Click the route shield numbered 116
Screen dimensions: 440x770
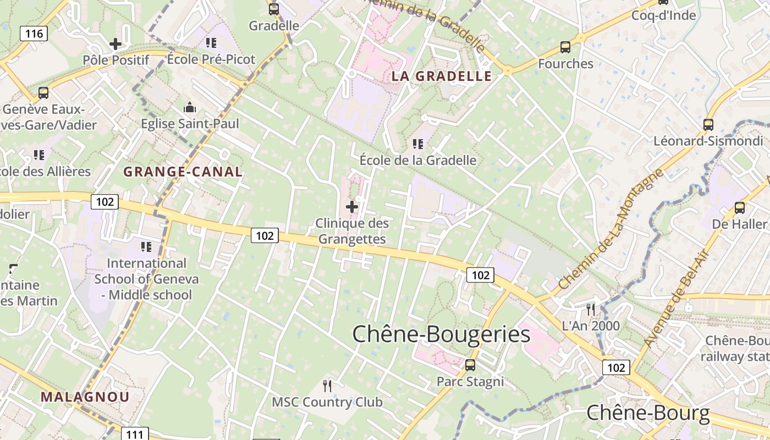[34, 34]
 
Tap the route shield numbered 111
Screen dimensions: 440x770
[134, 435]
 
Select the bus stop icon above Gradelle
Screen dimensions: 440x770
[274, 9]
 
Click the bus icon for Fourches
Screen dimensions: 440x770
[565, 47]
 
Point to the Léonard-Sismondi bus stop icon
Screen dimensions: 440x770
[708, 124]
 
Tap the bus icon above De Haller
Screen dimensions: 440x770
[740, 208]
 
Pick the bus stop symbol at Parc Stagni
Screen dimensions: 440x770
[470, 365]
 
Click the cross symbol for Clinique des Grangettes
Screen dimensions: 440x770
[352, 207]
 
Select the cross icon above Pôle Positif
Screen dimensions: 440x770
[116, 43]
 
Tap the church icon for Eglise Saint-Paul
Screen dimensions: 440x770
[190, 107]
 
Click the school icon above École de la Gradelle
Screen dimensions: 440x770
[418, 144]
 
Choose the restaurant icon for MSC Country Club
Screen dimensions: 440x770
[327, 386]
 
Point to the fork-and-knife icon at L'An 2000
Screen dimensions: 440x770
[591, 309]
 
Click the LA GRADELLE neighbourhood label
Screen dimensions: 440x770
[441, 76]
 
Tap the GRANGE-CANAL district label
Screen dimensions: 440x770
[183, 172]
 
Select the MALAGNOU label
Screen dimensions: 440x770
[85, 397]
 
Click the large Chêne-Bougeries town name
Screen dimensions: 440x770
[441, 334]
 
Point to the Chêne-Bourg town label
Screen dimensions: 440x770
[648, 413]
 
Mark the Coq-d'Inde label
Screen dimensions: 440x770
[663, 15]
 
